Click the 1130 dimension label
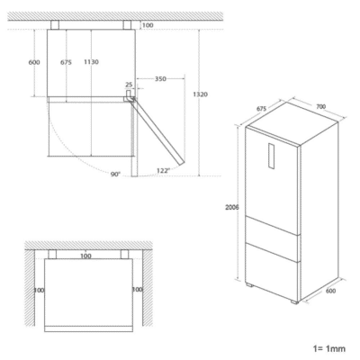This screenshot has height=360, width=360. click(92, 62)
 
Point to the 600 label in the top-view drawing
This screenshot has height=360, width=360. click(34, 62)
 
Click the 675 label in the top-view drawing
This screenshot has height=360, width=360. click(65, 62)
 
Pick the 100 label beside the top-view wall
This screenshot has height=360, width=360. click(148, 25)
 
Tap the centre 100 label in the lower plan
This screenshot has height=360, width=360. click(85, 257)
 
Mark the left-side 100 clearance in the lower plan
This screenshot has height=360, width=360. click(39, 291)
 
